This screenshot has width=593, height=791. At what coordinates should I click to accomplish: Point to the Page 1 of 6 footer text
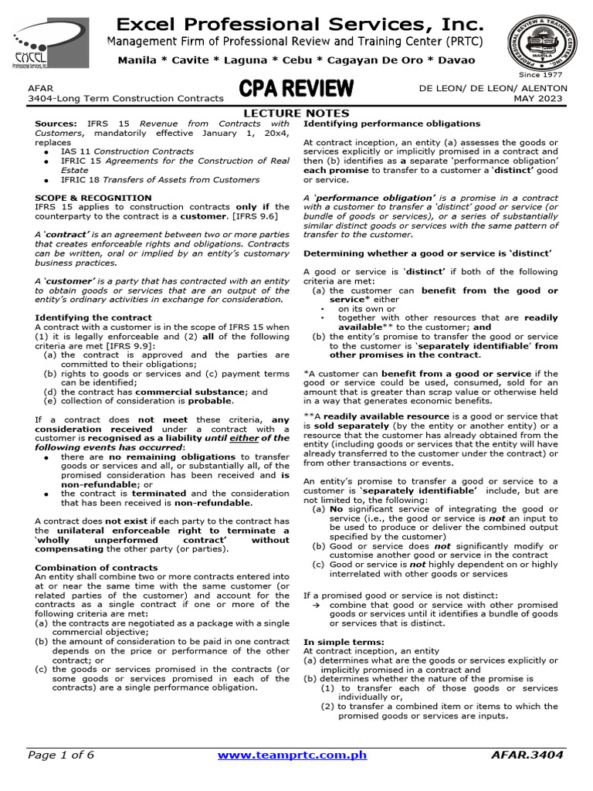61,755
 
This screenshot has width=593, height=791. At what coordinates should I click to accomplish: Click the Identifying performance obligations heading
391,124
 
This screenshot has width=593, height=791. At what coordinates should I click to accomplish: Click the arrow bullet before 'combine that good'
316,605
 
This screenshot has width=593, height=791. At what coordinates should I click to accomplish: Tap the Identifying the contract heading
93,317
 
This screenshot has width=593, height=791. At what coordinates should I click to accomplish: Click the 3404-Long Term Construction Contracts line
125,99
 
